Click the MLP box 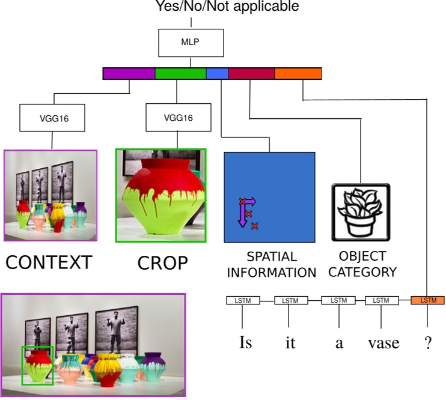(x=191, y=43)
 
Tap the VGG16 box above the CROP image (x=177, y=118)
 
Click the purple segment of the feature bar (x=129, y=73)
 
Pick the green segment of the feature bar (x=180, y=73)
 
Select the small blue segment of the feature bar (x=217, y=73)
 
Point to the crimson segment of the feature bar (x=251, y=73)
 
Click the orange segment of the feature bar (x=298, y=73)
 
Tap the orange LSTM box (x=427, y=300)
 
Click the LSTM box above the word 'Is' (x=243, y=300)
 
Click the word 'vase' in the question (x=383, y=343)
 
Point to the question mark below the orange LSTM (x=427, y=343)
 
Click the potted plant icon (x=361, y=212)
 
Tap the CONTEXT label (x=49, y=262)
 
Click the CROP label (x=162, y=263)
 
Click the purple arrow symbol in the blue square (x=245, y=211)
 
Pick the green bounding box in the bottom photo (x=38, y=365)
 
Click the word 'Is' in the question (x=245, y=343)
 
